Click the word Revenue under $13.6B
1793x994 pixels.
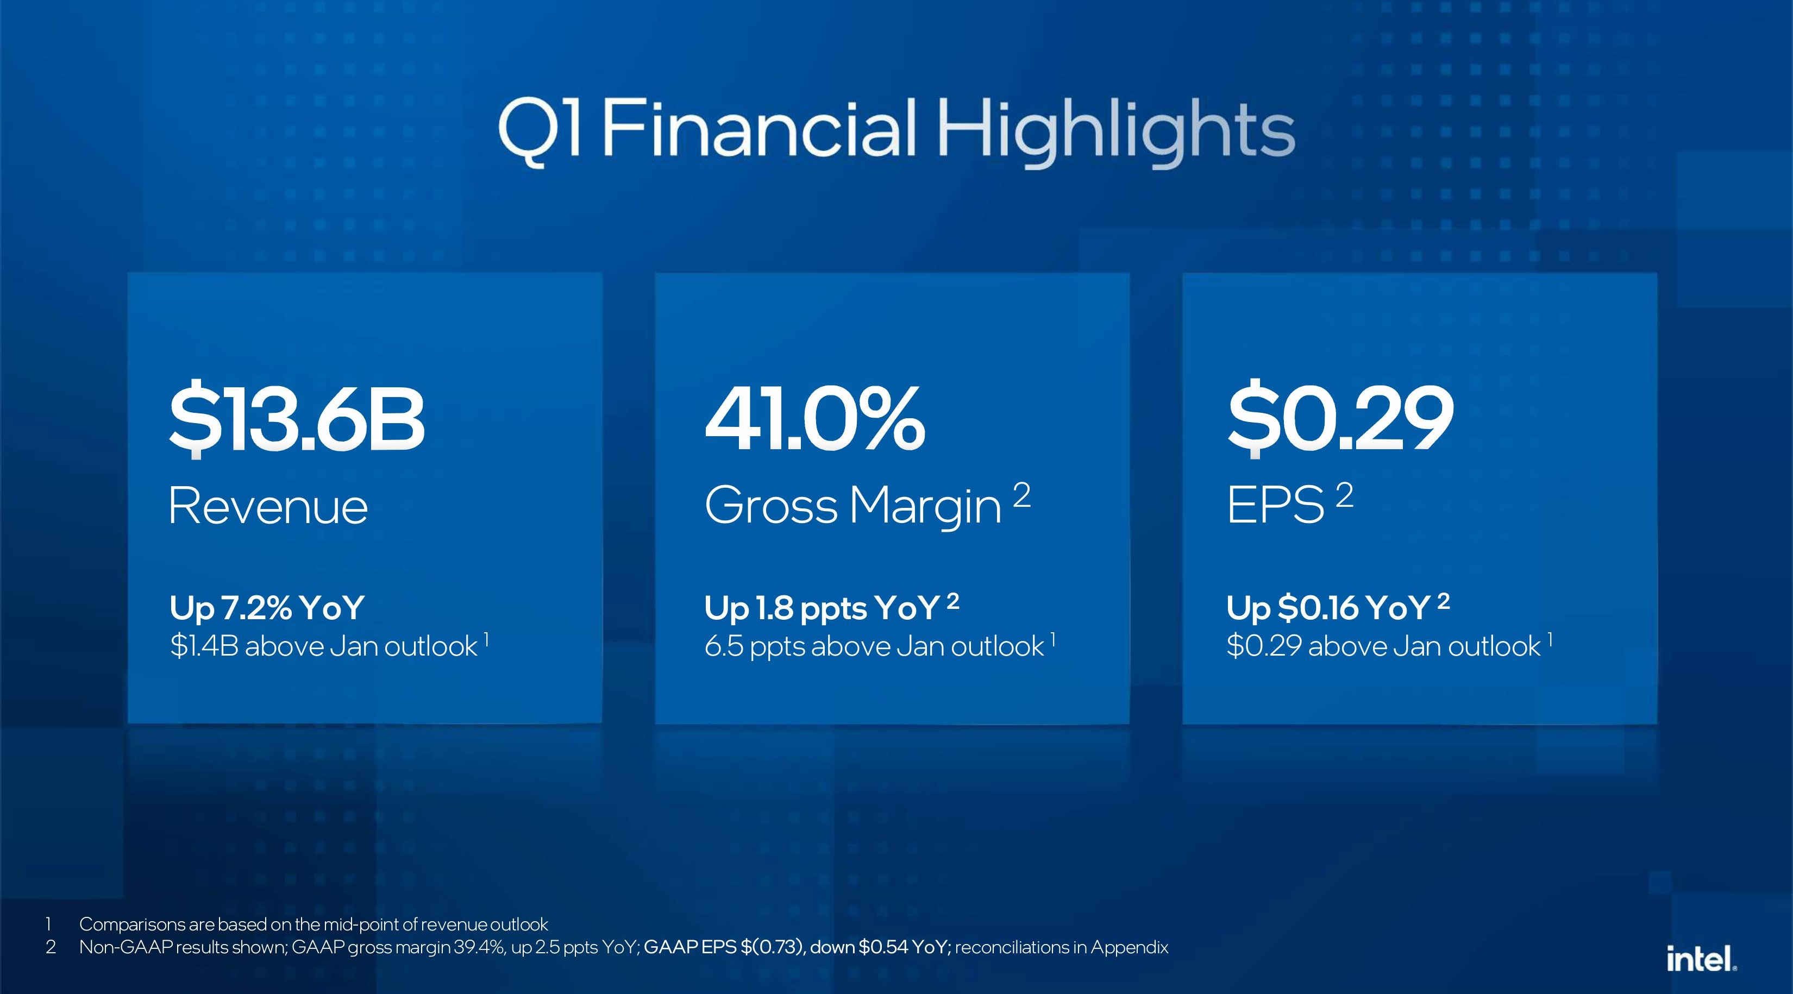tap(268, 506)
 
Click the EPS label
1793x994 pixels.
tap(1275, 506)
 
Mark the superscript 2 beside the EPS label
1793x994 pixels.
tap(1345, 496)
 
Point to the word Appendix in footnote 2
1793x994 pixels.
tap(1130, 948)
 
